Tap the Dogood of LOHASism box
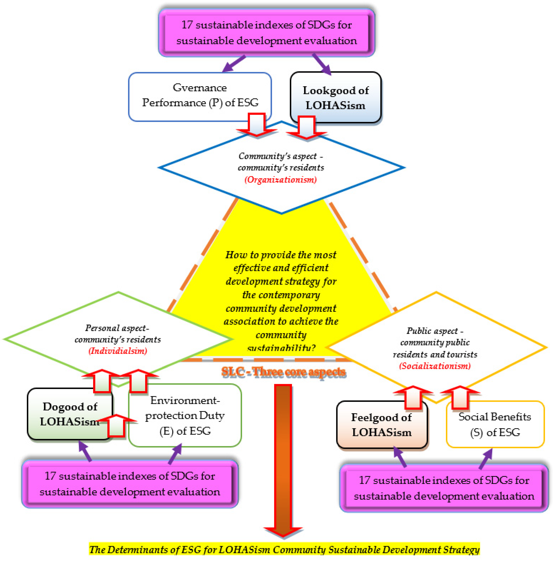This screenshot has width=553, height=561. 70,414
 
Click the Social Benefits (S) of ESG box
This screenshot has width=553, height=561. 495,424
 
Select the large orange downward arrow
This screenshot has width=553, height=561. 283,459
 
